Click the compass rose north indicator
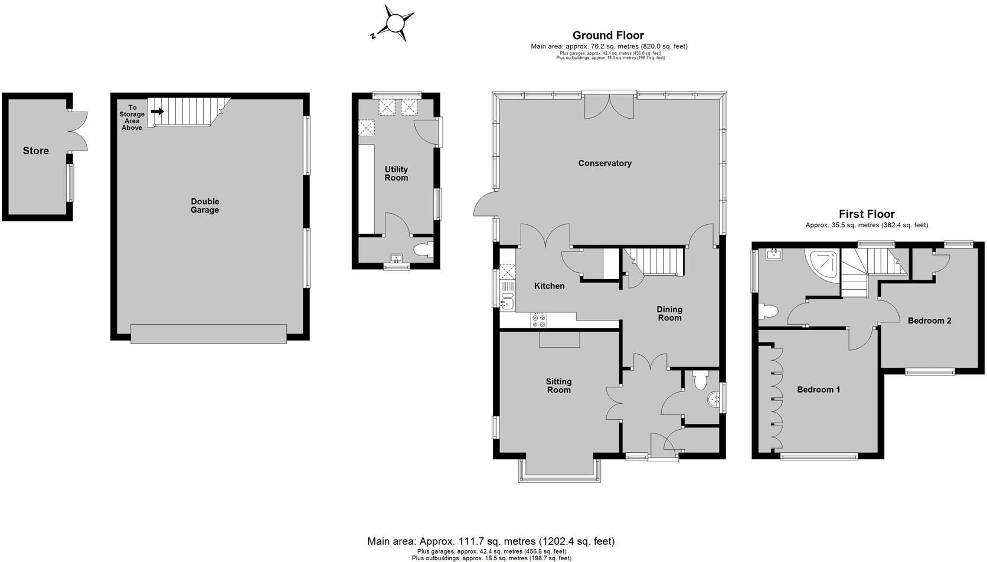coord(394,24)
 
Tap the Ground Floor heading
coord(608,35)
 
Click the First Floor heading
coord(867,214)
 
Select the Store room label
coord(35,151)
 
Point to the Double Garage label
coord(205,205)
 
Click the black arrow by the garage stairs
coord(157,111)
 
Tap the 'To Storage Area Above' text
coord(132,117)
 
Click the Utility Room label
coord(396,174)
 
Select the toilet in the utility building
coord(423,250)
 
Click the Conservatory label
coord(604,164)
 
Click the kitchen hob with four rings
coord(539,320)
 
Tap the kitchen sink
coord(506,304)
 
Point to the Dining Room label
coord(669,313)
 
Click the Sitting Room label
coord(558,385)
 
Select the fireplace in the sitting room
coord(559,339)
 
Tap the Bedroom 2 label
coord(929,321)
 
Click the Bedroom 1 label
coord(818,390)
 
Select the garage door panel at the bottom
coord(208,334)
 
